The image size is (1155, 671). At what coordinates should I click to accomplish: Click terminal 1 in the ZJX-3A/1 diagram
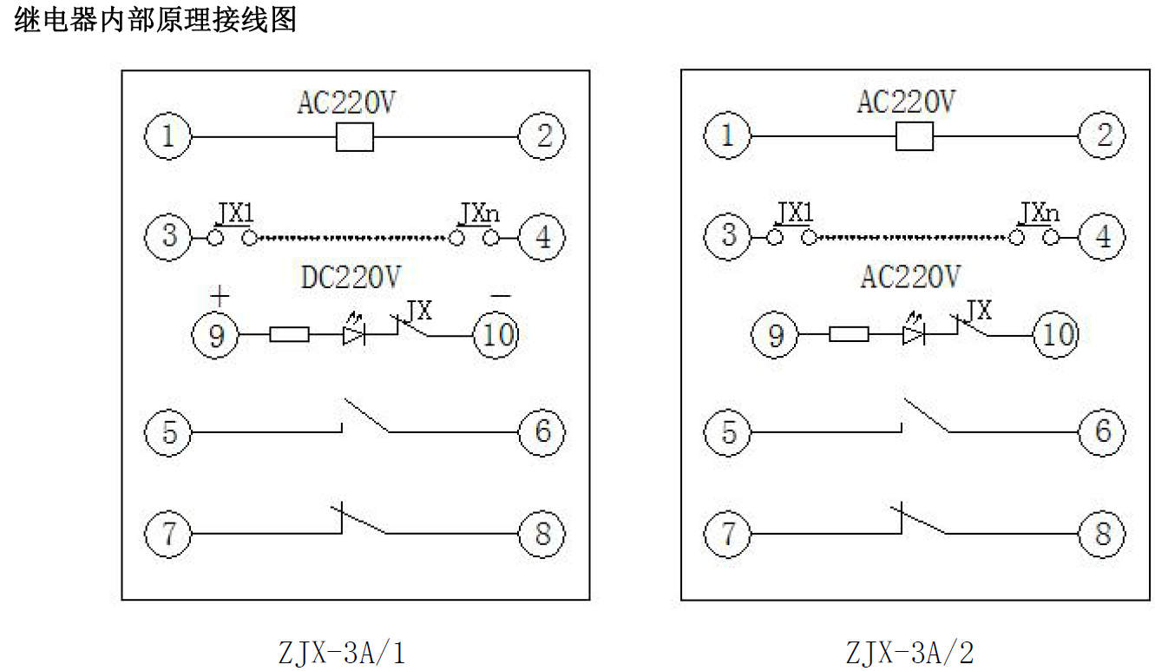169,136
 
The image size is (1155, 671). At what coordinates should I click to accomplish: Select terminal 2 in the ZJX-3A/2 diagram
1103,136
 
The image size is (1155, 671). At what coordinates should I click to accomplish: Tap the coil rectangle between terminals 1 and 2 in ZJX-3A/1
354,137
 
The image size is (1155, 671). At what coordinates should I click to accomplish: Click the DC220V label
351,277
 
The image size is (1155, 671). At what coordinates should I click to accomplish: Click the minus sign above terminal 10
501,295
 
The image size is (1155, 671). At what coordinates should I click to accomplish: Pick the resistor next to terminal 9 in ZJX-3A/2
849,334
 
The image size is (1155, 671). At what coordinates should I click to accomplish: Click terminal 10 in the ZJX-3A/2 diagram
1056,334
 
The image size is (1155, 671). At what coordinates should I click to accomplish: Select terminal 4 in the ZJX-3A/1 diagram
542,236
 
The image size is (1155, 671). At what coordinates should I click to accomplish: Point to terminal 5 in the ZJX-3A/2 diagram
729,431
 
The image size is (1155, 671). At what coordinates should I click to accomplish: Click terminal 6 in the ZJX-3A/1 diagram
542,431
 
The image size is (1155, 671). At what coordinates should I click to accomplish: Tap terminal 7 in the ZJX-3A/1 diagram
169,532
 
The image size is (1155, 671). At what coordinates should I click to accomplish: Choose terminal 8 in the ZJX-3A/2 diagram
1103,532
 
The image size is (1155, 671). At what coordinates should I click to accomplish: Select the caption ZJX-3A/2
910,652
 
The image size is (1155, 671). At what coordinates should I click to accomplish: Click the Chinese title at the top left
156,19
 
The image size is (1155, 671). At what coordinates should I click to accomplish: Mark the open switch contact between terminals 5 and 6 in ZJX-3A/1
364,417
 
